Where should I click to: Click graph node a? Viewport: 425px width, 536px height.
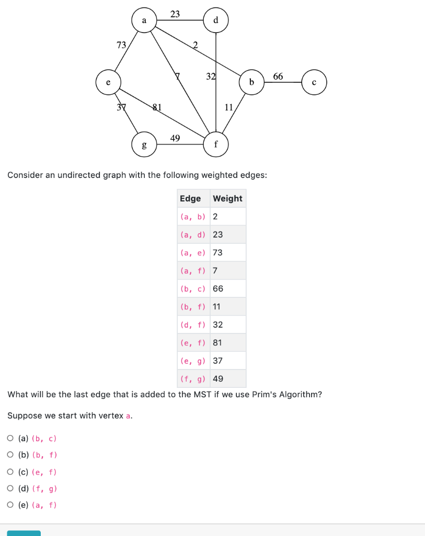pos(144,20)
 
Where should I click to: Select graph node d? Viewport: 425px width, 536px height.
pos(216,20)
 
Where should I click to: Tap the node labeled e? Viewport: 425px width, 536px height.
pos(108,82)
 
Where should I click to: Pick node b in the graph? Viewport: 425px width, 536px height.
pos(251,82)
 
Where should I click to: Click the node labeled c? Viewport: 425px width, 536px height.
pos(314,82)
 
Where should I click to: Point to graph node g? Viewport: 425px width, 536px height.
pos(144,144)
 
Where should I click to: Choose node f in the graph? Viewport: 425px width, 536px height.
pos(216,144)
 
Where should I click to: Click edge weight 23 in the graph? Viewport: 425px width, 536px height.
pos(175,14)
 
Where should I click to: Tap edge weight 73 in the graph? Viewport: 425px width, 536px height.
pos(121,45)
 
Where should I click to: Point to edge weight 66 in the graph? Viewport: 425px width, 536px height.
pos(278,76)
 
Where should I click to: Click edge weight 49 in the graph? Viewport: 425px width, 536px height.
pos(175,138)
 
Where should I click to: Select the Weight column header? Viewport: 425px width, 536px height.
pos(227,198)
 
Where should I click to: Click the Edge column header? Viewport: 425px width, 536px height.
pos(190,198)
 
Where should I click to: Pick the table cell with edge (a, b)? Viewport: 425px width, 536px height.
pos(193,217)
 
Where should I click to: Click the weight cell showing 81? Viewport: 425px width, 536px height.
pos(217,342)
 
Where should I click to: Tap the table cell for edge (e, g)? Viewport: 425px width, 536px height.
pos(193,361)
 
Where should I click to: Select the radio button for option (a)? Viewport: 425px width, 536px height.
pos(11,438)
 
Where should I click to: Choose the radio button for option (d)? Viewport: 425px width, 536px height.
pos(11,488)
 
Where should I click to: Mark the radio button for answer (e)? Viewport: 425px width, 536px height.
pos(11,505)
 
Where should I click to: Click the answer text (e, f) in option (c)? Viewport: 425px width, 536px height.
pos(44,472)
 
